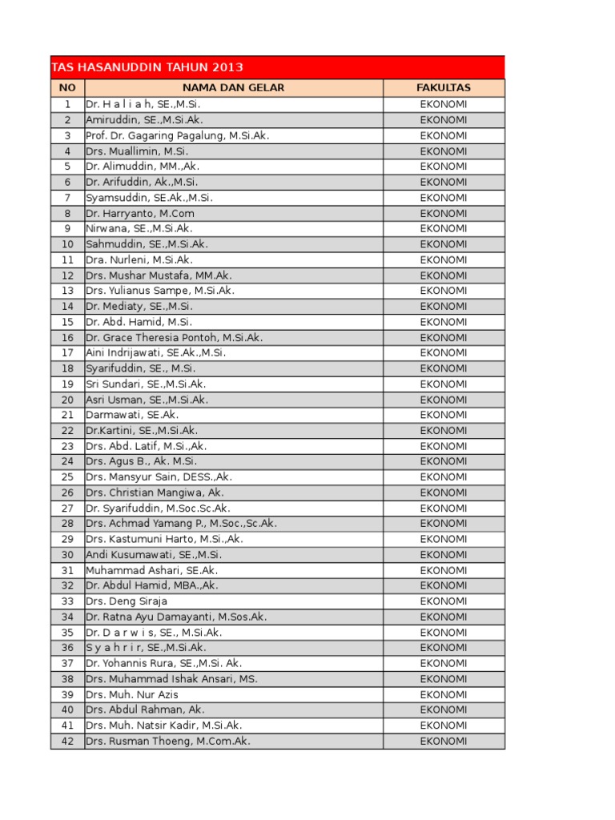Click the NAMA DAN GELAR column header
coord(233,88)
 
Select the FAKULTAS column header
coord(444,88)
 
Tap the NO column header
coord(67,88)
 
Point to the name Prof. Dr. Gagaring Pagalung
coord(155,135)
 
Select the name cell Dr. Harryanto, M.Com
coord(140,213)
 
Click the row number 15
coord(67,322)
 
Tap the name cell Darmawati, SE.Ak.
coord(132,415)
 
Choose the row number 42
coord(67,741)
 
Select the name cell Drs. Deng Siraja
coord(127,601)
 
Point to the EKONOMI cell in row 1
coord(444,104)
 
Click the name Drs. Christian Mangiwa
coord(146,492)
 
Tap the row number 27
coord(67,508)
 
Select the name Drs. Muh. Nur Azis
coord(132,694)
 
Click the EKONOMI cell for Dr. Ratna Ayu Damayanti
coord(444,617)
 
